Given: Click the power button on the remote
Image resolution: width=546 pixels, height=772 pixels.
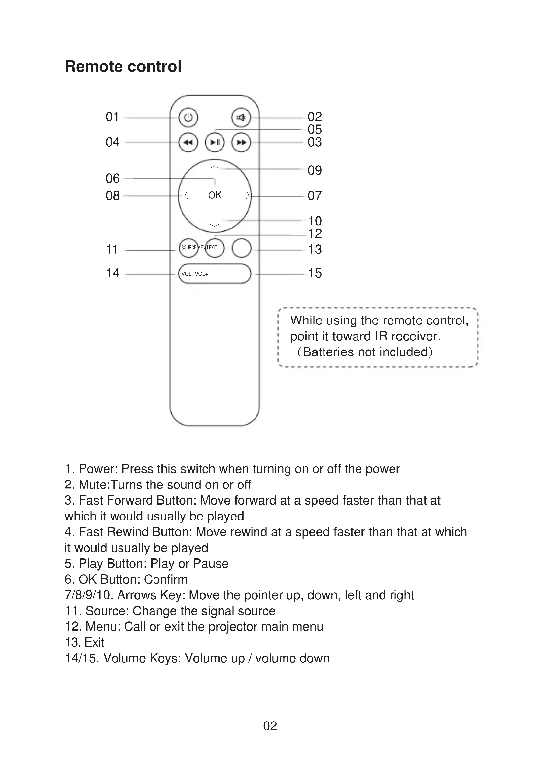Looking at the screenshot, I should coord(188,118).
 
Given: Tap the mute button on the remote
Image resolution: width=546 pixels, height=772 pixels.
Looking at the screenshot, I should coord(241,118).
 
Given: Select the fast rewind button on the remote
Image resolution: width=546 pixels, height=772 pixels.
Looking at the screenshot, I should coord(188,142).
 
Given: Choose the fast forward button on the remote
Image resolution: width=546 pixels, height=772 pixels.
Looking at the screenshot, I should coord(241,142).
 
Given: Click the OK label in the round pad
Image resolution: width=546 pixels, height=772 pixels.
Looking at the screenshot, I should coord(215,195).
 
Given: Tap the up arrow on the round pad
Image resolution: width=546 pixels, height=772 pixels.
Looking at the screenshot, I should coord(215,167).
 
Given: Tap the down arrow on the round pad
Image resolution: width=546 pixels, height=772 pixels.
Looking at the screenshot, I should coord(215,225).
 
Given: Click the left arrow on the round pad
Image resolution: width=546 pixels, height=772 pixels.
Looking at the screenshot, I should coord(186,195).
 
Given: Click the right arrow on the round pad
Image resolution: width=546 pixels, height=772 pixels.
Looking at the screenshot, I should coord(247,195).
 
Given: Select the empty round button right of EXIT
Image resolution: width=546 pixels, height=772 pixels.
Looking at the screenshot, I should coord(241,248).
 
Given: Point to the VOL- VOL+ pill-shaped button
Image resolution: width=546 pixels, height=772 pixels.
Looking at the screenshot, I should coord(215,274).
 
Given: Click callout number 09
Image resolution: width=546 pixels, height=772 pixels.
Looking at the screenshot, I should coord(315,170).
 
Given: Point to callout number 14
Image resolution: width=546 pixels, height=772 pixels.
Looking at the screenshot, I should coord(113,273).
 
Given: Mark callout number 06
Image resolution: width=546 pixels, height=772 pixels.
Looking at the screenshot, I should coord(113,179).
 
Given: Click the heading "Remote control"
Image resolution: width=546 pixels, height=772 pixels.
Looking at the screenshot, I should coord(123,66).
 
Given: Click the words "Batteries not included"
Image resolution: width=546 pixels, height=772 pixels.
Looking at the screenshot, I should coord(365,352).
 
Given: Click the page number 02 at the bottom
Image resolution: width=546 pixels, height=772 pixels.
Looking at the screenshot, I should coord(270,726).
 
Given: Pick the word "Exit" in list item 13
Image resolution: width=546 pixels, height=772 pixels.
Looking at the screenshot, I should coord(94,642).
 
